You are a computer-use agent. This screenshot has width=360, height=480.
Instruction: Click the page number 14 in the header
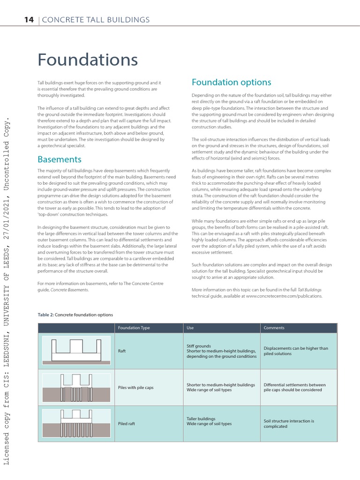point(30,19)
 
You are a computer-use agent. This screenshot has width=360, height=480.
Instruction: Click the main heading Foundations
point(88,60)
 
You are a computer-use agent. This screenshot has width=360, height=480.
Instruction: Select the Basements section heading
point(59,159)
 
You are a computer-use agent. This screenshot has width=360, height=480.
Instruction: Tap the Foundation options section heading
point(231,82)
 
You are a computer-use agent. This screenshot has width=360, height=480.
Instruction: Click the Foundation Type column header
point(134,328)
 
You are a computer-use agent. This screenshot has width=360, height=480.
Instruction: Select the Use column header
point(190,328)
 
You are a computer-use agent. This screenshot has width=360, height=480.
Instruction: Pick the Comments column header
point(274,328)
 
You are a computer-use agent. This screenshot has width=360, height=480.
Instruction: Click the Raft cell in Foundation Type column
point(123,351)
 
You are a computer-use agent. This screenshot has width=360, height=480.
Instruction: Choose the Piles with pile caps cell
point(136,387)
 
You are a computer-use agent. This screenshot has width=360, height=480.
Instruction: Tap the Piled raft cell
point(127,424)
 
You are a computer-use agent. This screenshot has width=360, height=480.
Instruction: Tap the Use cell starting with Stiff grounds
point(221,351)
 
